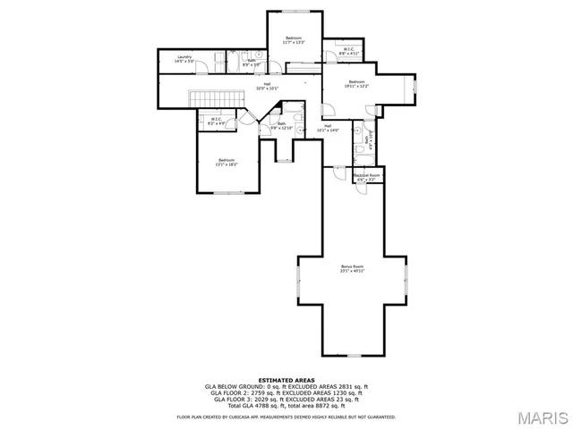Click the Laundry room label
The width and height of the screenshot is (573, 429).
tap(185, 58)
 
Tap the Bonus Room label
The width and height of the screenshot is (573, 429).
tap(352, 269)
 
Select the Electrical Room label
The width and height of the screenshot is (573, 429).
tap(367, 177)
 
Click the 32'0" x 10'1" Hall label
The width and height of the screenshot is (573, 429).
tap(267, 87)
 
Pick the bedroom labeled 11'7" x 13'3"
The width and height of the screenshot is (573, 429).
tap(294, 40)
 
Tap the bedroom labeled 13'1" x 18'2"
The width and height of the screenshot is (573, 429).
tap(226, 163)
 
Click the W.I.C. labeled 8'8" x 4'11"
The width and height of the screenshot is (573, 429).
tap(347, 52)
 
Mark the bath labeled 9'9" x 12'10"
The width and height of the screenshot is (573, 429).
tap(282, 126)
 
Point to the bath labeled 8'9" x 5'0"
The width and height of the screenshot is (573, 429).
tap(252, 63)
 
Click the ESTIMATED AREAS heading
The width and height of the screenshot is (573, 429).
tap(286, 380)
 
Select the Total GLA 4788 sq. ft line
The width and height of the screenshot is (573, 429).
tap(286, 406)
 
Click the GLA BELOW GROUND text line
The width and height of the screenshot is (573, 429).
tap(286, 386)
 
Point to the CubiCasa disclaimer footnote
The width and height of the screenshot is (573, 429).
tap(286, 416)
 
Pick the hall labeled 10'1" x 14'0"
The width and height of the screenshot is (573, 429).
tap(329, 128)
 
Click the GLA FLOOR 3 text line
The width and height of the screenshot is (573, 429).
tap(286, 400)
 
